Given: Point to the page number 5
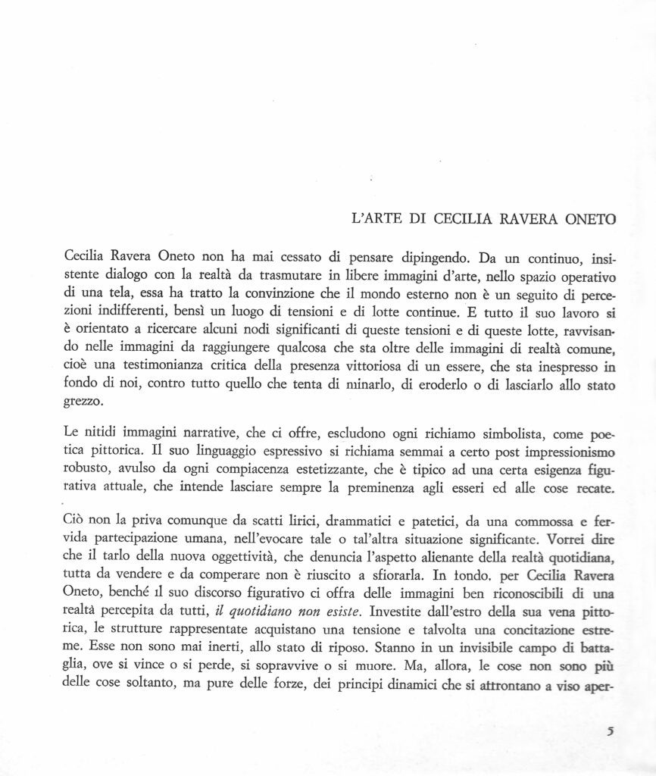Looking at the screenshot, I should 610,732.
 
